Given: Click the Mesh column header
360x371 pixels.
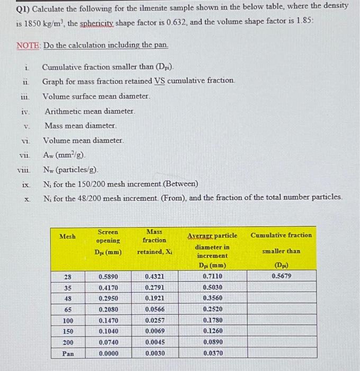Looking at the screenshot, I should point(67,236).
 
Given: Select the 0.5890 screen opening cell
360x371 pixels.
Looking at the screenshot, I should point(108,276).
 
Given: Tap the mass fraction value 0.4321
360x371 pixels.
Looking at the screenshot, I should point(155,276).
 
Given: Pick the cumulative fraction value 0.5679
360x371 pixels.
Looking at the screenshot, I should point(281,276).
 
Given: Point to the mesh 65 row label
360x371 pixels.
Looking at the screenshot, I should point(68,310).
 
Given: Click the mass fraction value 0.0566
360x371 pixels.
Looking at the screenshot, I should point(155,310).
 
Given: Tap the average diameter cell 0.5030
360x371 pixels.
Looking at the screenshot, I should point(212,287).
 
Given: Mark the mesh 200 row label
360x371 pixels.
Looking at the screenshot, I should point(68,342).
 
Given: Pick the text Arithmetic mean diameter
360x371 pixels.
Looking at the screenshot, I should point(89,112).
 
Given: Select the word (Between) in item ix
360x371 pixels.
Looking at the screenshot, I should point(180,184).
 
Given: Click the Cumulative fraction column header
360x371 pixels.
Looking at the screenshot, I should point(281,235).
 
